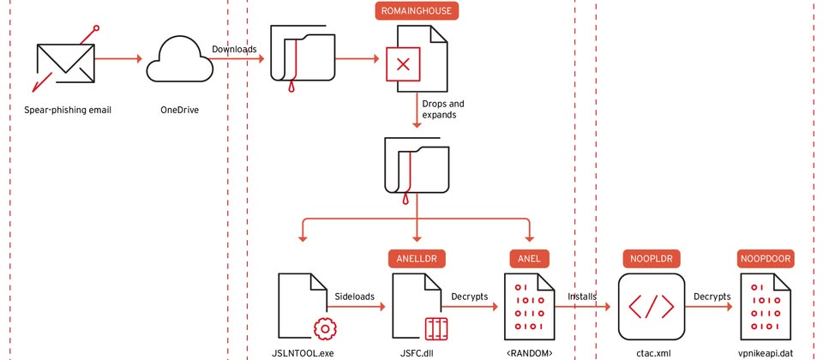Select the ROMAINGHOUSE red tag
(x=418, y=11)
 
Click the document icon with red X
(x=416, y=63)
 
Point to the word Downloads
(x=234, y=49)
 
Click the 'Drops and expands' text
(x=443, y=108)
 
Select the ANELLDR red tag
(x=417, y=256)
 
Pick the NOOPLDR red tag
(x=652, y=256)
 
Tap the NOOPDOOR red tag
(x=766, y=256)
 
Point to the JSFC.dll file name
(x=416, y=351)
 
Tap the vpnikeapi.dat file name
(x=765, y=351)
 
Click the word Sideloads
(x=351, y=295)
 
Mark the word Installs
(x=582, y=295)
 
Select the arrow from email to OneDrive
(x=118, y=59)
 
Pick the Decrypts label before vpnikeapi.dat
(x=712, y=295)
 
